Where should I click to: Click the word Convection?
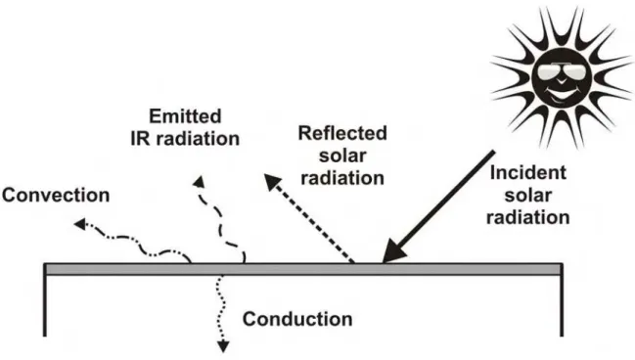point(56,196)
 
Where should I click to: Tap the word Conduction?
point(297,319)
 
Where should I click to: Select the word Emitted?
point(185,116)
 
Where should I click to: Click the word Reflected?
point(342,133)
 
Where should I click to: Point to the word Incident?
point(528,173)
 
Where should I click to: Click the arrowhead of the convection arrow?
point(80,223)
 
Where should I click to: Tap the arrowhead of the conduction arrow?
point(223,346)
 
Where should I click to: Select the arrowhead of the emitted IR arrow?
point(199,182)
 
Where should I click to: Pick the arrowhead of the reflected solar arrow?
point(272,182)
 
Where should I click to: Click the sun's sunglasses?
point(562,72)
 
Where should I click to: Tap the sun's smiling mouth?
point(562,96)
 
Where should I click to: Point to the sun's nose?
point(562,81)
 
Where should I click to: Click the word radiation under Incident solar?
point(528,217)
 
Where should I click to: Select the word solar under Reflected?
point(342,156)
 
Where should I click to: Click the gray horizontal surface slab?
point(303,269)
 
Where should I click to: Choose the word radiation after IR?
point(198,139)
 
